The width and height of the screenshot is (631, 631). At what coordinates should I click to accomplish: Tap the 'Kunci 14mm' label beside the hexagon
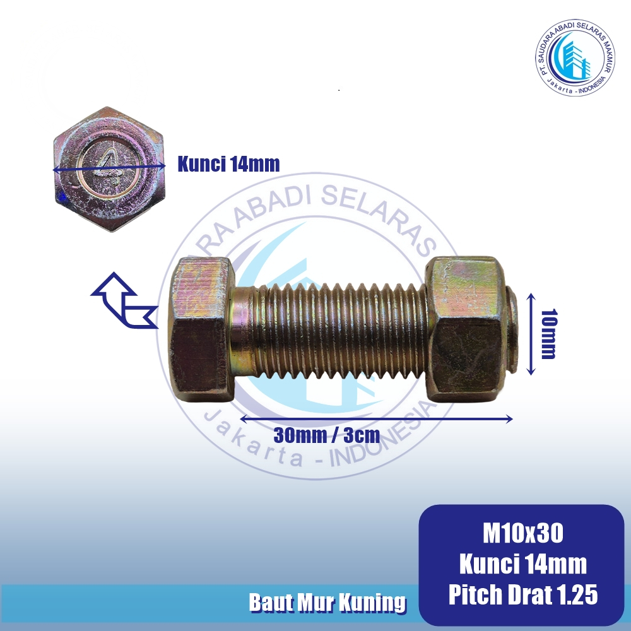point(228,164)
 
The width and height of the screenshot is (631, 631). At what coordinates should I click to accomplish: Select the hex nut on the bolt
point(466,329)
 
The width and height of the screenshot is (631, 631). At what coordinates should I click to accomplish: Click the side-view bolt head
point(201,329)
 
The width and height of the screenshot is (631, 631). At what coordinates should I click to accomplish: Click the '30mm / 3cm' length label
point(326,435)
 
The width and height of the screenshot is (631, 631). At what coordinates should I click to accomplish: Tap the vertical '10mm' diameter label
point(548,334)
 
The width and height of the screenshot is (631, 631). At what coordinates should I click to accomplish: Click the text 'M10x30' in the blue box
point(522,533)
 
